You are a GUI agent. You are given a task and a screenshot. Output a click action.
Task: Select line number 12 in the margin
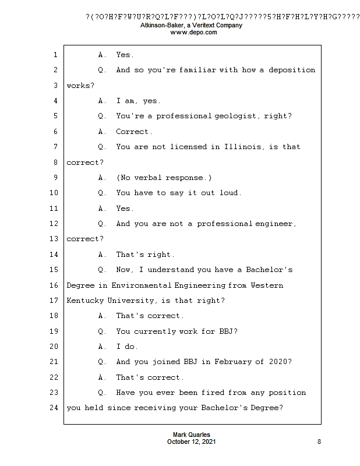click(54, 224)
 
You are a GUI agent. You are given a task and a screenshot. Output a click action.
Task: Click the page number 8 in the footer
click(319, 442)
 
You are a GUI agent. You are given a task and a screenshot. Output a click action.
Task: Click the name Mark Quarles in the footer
click(192, 435)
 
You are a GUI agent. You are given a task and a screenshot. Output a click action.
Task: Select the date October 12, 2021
click(192, 442)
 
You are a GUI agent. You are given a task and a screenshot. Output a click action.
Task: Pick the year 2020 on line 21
click(278, 362)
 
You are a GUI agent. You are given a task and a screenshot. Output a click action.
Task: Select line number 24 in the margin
click(54, 408)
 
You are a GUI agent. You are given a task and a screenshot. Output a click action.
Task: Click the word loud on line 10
click(228, 193)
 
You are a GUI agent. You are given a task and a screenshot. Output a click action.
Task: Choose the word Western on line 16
click(266, 285)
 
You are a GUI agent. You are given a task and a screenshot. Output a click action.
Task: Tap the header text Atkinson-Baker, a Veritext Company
click(192, 26)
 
